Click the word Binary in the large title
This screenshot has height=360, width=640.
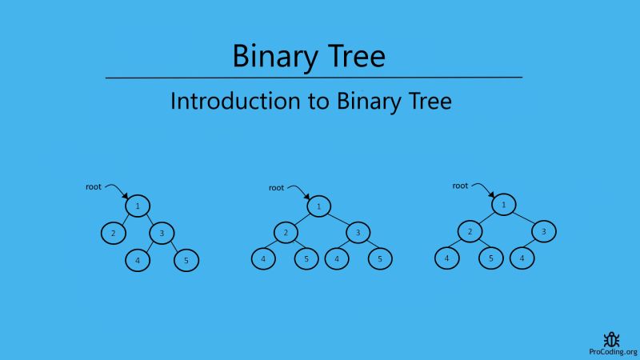coord(270,56)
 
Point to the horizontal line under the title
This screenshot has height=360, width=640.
coord(314,78)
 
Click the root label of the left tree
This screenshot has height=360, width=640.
coord(94,186)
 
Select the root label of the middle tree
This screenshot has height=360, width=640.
coord(276,188)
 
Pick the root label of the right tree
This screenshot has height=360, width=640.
coord(460,186)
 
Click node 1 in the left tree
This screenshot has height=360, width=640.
coord(138,206)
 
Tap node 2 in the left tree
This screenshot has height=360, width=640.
coord(114,233)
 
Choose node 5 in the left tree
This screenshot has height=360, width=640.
coord(186,260)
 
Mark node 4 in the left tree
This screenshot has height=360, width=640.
coord(138,260)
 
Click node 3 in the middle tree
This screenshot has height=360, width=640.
coord(358,233)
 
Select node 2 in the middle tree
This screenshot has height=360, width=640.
coord(285,233)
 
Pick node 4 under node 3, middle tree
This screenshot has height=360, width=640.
coord(337,259)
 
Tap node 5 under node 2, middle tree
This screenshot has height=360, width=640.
coord(306,259)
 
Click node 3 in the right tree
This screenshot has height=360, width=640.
coord(544,232)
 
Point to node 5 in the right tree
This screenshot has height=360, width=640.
coord(490,259)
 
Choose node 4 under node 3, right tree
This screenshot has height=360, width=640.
coord(522,259)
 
